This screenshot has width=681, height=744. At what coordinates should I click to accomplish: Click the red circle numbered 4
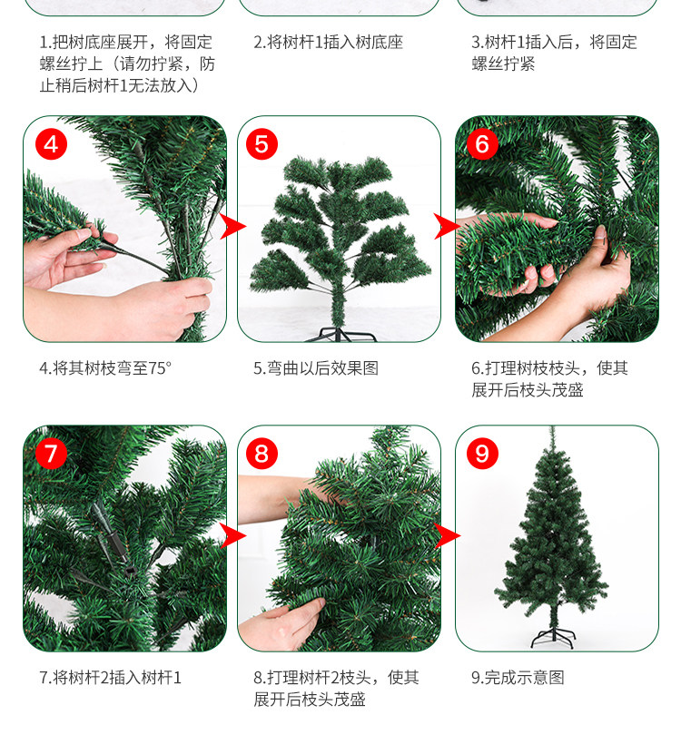click(x=51, y=143)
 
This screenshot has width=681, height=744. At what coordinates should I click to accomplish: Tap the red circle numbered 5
click(x=262, y=143)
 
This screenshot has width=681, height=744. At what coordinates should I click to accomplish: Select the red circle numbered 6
click(x=482, y=143)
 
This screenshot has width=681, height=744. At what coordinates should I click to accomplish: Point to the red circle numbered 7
click(x=51, y=453)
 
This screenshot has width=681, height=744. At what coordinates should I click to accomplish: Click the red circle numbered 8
click(x=262, y=453)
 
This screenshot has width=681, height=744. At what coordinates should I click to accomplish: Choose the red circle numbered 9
click(x=482, y=453)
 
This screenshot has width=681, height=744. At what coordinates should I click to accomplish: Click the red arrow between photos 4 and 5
click(x=232, y=226)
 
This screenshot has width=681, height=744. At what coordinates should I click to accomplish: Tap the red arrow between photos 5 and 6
click(x=447, y=226)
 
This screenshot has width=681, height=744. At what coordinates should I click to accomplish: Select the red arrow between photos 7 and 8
click(x=232, y=535)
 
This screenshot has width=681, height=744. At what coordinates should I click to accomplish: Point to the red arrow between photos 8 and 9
click(x=447, y=535)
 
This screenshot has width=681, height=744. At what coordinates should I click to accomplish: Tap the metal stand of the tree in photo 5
click(x=340, y=335)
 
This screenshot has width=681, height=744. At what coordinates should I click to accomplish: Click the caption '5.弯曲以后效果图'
click(x=316, y=368)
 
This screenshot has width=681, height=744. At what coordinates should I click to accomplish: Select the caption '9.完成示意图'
click(x=518, y=678)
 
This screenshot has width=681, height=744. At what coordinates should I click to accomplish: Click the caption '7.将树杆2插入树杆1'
click(x=110, y=678)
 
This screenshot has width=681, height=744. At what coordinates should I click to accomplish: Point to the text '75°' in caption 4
click(x=160, y=368)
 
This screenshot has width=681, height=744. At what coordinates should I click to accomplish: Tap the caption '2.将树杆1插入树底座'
click(x=328, y=43)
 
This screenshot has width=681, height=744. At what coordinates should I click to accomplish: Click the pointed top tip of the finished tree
click(x=552, y=427)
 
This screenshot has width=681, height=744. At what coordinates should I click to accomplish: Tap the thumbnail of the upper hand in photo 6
click(x=600, y=231)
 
